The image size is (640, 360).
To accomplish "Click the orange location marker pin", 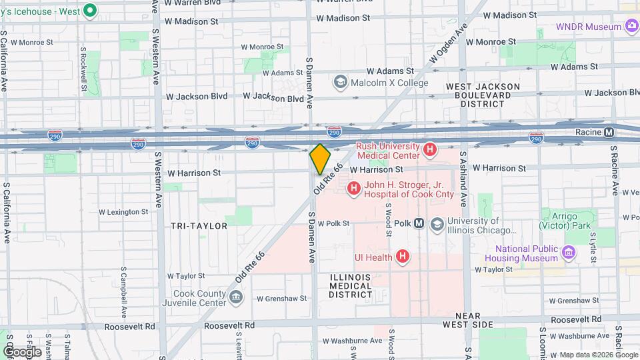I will [320, 159].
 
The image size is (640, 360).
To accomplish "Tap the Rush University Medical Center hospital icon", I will [430, 150].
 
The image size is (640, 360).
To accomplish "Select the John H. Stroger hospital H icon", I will [353, 189].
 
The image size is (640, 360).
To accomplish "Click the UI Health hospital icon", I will [402, 256].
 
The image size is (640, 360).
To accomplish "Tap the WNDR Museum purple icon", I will [631, 27].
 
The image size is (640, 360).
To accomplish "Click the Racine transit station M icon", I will [609, 132].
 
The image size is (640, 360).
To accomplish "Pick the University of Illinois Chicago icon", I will [437, 223].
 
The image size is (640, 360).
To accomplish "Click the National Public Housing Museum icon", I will [568, 253].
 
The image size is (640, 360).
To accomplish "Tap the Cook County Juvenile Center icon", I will [235, 297].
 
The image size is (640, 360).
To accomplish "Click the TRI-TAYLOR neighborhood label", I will [199, 226].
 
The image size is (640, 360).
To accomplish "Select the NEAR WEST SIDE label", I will [474, 319].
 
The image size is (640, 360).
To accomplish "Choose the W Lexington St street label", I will [123, 212].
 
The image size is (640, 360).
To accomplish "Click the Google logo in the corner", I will [21, 351].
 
